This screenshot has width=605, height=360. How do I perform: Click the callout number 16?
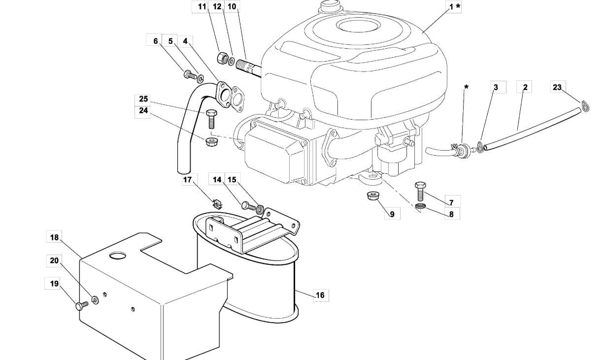click(320, 295)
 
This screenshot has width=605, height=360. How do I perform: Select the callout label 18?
click(54, 237)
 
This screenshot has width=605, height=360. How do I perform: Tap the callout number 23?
click(557, 87)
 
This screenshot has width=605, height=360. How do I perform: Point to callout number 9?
click(392, 214)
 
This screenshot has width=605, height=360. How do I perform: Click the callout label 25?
click(143, 99)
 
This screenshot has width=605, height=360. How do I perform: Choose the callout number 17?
click(187, 180)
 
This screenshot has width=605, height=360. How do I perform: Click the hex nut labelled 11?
click(223, 58)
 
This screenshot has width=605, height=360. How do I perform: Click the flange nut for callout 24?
click(210, 141)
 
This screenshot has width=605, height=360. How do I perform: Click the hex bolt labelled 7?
click(420, 191)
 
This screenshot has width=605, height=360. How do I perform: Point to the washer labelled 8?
click(421, 206)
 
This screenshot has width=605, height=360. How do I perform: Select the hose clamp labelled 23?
click(585, 106)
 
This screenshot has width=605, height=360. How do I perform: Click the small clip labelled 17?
click(217, 203)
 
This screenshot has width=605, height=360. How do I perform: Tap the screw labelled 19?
click(82, 306)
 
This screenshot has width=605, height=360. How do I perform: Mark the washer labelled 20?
click(96, 300)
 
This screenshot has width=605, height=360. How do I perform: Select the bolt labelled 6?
click(190, 74)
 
